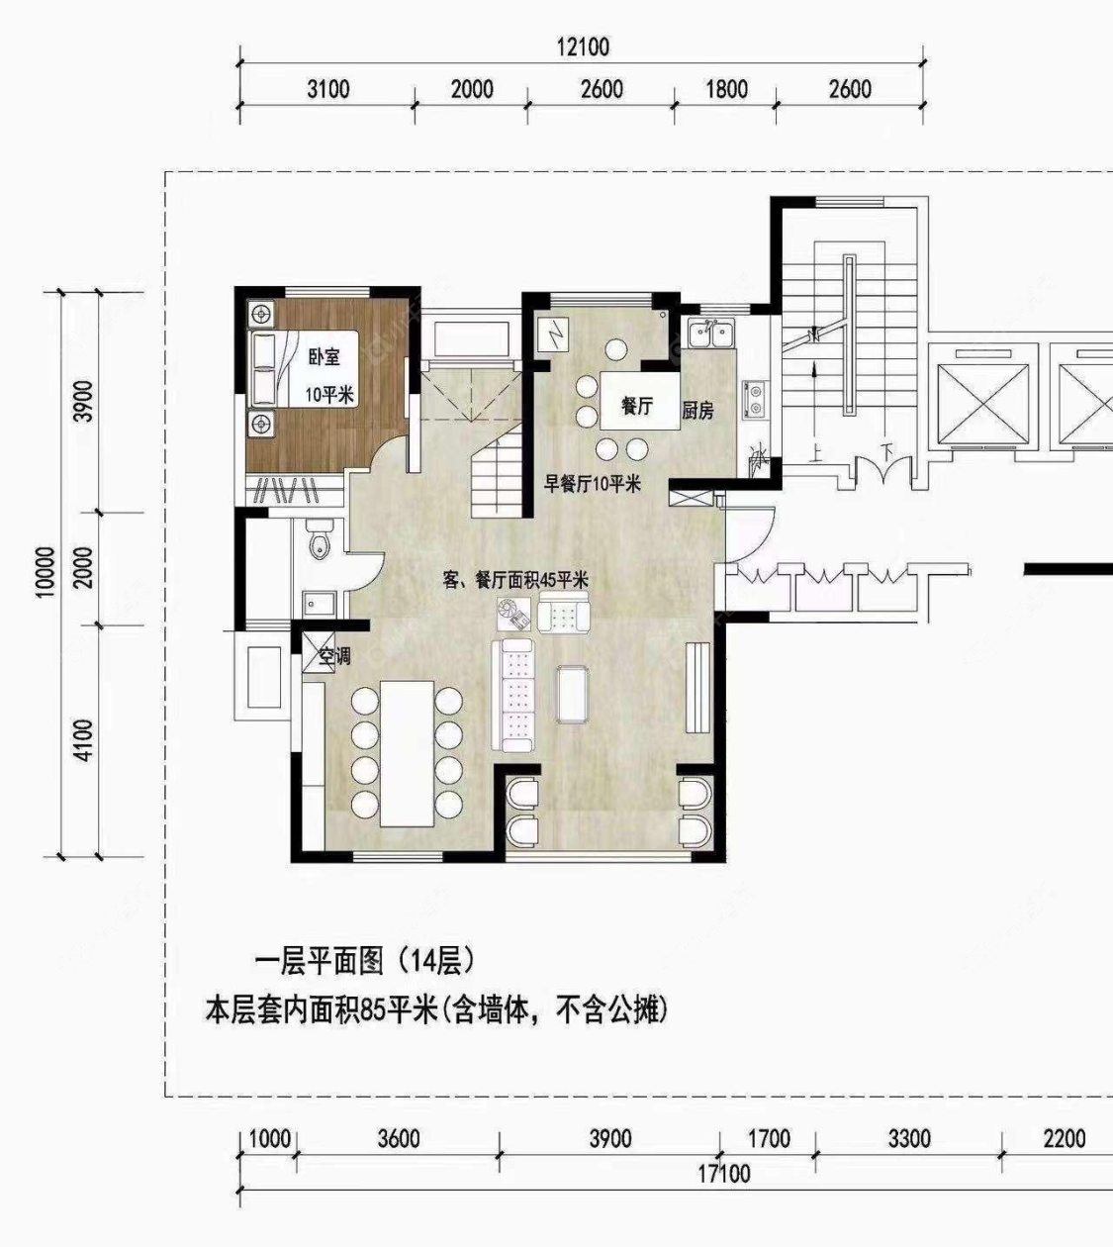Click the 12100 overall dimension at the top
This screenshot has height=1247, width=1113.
(582, 47)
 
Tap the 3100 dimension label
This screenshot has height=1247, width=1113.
(327, 89)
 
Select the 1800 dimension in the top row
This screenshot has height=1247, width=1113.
(726, 89)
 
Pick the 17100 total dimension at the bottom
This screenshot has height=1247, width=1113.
(723, 1175)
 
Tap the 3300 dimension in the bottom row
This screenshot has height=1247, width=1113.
(908, 1139)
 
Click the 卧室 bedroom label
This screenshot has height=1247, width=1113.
(323, 358)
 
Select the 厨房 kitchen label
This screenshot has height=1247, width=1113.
(698, 410)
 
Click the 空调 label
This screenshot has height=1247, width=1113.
(334, 656)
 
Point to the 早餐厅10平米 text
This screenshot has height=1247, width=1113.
(594, 484)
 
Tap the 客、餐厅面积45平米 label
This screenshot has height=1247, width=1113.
(516, 580)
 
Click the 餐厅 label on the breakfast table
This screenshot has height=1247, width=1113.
(636, 405)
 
